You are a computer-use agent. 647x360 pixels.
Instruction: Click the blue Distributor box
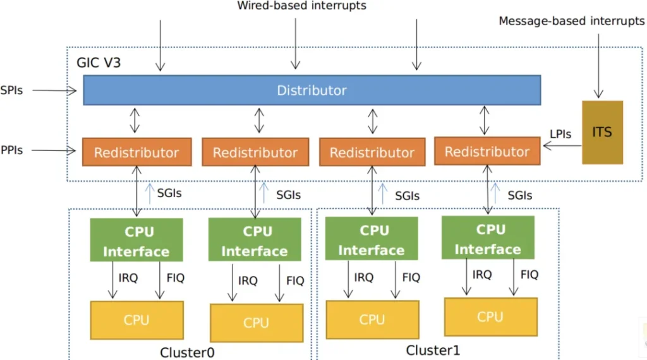pyautogui.click(x=312, y=90)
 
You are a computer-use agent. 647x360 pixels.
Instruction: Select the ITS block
pyautogui.click(x=602, y=133)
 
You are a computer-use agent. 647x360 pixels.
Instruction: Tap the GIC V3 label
pyautogui.click(x=99, y=63)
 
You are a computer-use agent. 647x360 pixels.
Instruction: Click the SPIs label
pyautogui.click(x=11, y=90)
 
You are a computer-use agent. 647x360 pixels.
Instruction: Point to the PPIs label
pyautogui.click(x=11, y=150)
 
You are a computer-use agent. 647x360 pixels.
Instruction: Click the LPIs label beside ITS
pyautogui.click(x=560, y=134)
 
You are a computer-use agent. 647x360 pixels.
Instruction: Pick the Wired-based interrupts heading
pyautogui.click(x=301, y=6)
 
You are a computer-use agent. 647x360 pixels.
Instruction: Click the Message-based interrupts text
pyautogui.click(x=571, y=21)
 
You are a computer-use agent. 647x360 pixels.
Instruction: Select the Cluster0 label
pyautogui.click(x=187, y=352)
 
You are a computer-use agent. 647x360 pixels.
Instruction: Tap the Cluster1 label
pyautogui.click(x=433, y=350)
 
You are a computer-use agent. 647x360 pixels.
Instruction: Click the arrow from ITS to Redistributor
pyautogui.click(x=562, y=145)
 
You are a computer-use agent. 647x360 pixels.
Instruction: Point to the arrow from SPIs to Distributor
pyautogui.click(x=54, y=90)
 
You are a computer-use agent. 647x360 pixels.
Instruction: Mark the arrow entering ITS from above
pyautogui.click(x=598, y=66)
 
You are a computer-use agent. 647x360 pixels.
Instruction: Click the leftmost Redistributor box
pyautogui.click(x=137, y=152)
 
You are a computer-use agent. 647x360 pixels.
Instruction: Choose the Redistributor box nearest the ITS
pyautogui.click(x=487, y=152)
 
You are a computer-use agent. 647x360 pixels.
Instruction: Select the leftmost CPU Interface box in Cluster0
pyautogui.click(x=136, y=240)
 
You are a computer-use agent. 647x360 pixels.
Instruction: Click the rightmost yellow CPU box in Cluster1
pyautogui.click(x=491, y=316)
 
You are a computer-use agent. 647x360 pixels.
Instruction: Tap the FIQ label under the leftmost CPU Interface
pyautogui.click(x=176, y=278)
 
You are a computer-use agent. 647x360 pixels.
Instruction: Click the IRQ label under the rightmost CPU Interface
pyautogui.click(x=482, y=275)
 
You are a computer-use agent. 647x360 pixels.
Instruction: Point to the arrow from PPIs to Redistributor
pyautogui.click(x=54, y=150)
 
